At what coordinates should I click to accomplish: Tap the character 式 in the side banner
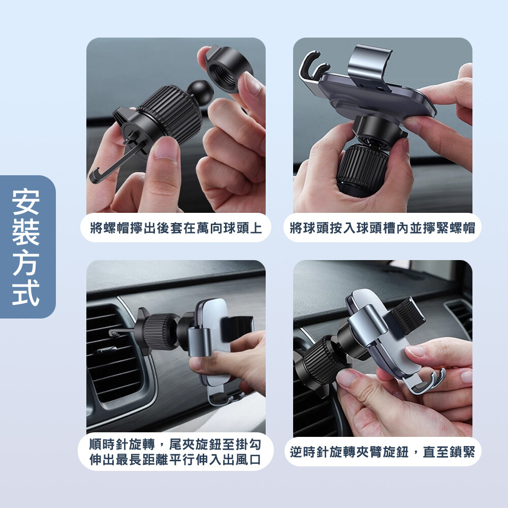(26, 293)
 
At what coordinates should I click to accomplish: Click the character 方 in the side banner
(26, 263)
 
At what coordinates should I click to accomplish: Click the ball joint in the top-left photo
(200, 91)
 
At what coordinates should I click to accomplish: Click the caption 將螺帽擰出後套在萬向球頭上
(176, 228)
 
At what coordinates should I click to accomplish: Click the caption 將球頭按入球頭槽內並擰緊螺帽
(383, 228)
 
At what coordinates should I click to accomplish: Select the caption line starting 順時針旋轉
(175, 444)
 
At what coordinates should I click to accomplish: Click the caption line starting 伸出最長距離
(175, 460)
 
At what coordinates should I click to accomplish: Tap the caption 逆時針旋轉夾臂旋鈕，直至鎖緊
(383, 452)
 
